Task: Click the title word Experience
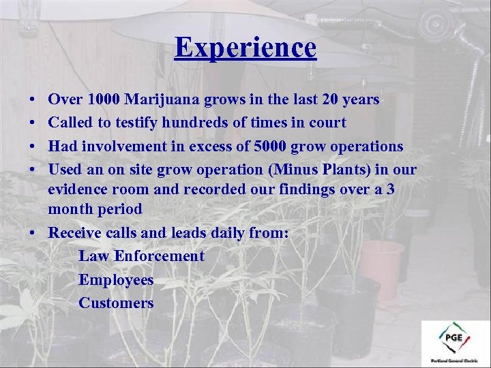(x=245, y=48)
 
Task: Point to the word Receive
(x=75, y=232)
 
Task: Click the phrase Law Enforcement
(x=141, y=256)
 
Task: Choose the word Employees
(x=116, y=280)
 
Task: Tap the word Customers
(x=116, y=303)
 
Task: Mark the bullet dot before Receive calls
(x=33, y=233)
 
